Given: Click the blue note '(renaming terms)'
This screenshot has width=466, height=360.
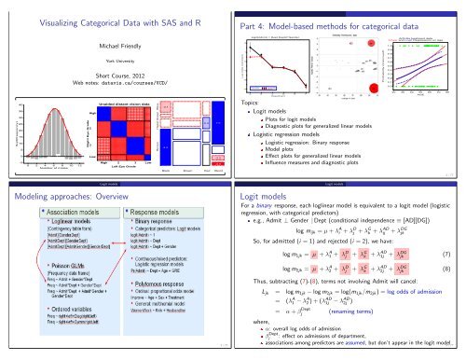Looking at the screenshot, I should (x=397, y=335).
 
